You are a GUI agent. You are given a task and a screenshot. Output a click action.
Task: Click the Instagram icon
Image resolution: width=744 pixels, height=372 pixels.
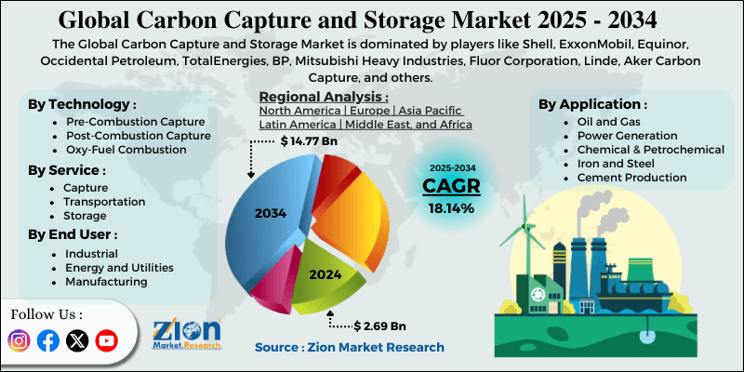(x=19, y=341)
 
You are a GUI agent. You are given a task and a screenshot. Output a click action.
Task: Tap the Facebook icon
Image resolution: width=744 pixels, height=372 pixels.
(x=47, y=341)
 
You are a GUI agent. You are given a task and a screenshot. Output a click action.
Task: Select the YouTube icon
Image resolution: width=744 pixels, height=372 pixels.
(x=107, y=341)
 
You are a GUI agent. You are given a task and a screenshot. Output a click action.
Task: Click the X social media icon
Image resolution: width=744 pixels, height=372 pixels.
(x=77, y=341)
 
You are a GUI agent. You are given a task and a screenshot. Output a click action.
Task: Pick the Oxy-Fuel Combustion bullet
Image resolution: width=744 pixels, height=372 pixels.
(x=120, y=150)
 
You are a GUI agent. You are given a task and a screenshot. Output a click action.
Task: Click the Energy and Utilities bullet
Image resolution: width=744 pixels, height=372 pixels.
(x=119, y=268)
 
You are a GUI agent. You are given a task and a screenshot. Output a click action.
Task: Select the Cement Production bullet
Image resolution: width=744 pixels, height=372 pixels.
(x=631, y=177)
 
